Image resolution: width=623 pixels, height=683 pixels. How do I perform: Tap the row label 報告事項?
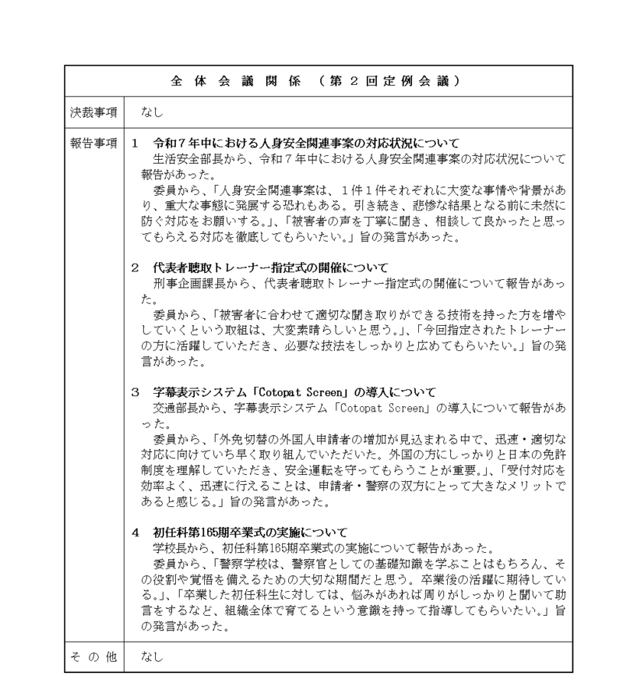coord(90,144)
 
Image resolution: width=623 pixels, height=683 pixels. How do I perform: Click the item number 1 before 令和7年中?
coord(135,144)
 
